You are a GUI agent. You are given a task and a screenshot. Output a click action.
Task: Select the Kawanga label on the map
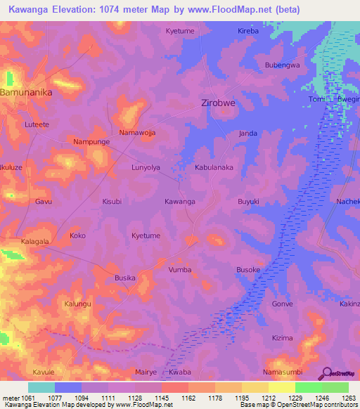pos(180,202)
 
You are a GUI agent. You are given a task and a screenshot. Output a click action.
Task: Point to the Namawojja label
pos(136,133)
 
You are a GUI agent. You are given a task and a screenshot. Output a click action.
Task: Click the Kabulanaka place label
pos(214,168)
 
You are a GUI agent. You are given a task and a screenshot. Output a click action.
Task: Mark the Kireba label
pos(248,32)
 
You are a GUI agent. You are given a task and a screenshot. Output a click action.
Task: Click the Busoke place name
pos(248,270)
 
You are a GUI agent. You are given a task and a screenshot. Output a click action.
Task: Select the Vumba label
pos(180,270)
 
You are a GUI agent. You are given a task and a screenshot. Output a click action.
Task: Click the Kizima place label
pos(282,338)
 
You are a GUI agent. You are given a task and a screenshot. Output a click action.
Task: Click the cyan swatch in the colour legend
pos(41,387)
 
